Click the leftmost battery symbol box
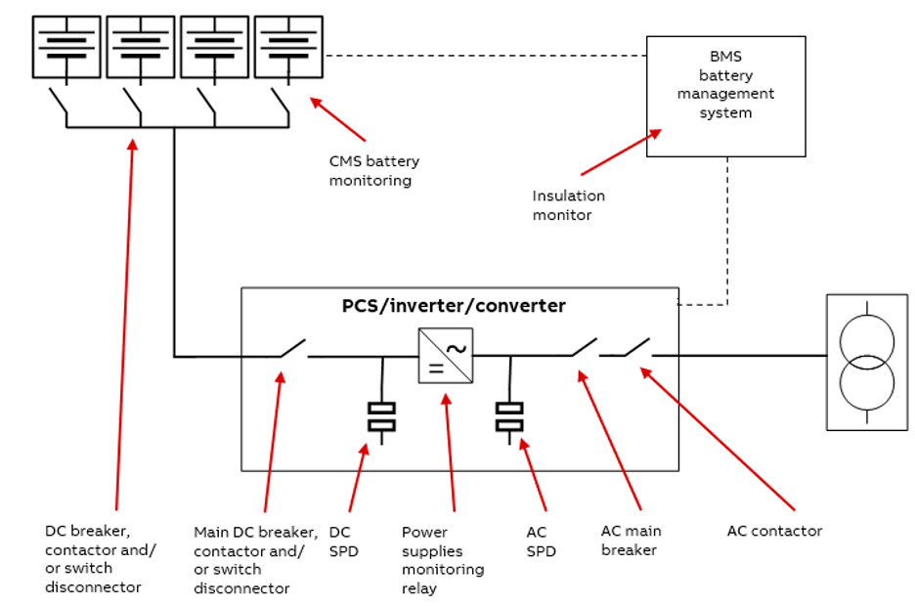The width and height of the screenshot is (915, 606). click(65, 46)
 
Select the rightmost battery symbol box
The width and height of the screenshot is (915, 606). click(288, 46)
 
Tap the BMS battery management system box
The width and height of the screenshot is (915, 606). click(725, 96)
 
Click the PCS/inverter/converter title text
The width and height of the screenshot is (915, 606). click(454, 306)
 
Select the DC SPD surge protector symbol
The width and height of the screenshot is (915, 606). click(381, 417)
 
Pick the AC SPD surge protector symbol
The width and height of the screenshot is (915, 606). click(509, 417)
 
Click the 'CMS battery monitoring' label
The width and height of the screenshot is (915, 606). click(373, 171)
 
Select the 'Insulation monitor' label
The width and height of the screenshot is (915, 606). click(568, 205)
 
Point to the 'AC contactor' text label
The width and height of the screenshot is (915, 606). click(774, 531)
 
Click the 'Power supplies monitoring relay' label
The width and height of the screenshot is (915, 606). click(442, 560)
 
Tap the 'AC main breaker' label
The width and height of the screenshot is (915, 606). click(631, 541)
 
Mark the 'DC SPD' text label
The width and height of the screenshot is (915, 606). click(343, 541)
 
